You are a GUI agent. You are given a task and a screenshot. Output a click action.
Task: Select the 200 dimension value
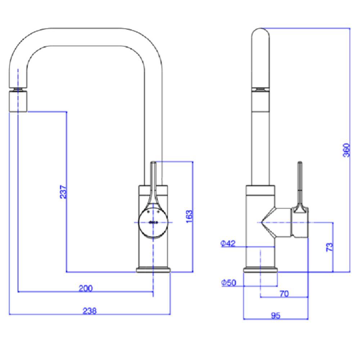(x=86, y=288)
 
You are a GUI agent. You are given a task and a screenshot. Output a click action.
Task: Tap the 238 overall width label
(x=89, y=311)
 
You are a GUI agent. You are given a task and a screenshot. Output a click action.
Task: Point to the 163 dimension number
(x=190, y=216)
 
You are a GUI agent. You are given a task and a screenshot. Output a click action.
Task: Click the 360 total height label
(x=346, y=150)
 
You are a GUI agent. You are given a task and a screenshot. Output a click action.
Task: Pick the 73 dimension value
(x=329, y=247)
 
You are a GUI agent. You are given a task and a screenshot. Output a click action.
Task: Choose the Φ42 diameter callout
(x=228, y=244)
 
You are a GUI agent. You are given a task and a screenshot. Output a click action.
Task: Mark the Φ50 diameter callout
(x=228, y=283)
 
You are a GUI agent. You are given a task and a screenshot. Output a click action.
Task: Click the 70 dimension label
(x=284, y=294)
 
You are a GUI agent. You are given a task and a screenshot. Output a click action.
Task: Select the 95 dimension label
(x=275, y=316)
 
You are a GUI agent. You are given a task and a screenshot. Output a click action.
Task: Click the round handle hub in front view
(x=153, y=222)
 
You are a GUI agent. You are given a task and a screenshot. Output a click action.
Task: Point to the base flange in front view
(x=153, y=270)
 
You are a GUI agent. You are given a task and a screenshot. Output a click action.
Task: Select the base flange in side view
(x=261, y=270)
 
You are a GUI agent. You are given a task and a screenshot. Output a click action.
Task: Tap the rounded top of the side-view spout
(x=261, y=36)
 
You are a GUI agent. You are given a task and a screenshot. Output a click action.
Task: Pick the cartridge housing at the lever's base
(x=300, y=223)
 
